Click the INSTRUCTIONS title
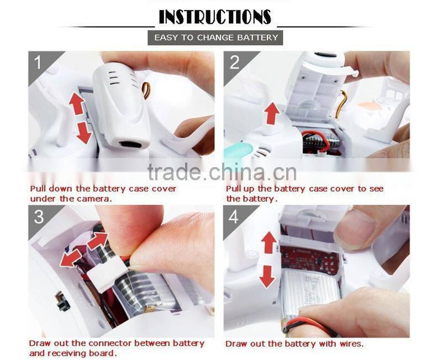pyautogui.click(x=215, y=17)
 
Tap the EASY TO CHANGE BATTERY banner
pyautogui.click(x=215, y=38)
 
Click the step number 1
pyautogui.click(x=38, y=62)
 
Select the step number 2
pyautogui.click(x=234, y=62)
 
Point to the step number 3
pyautogui.click(x=39, y=217)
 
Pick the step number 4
pyautogui.click(x=234, y=217)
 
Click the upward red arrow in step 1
pyautogui.click(x=77, y=104)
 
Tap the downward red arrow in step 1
pyautogui.click(x=84, y=133)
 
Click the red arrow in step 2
pyautogui.click(x=272, y=113)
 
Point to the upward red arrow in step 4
pyautogui.click(x=269, y=242)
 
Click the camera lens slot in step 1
pyautogui.click(x=130, y=145)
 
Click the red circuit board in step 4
pyautogui.click(x=310, y=260)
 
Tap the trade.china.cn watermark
pyautogui.click(x=222, y=171)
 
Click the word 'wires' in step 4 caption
pyautogui.click(x=351, y=343)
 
